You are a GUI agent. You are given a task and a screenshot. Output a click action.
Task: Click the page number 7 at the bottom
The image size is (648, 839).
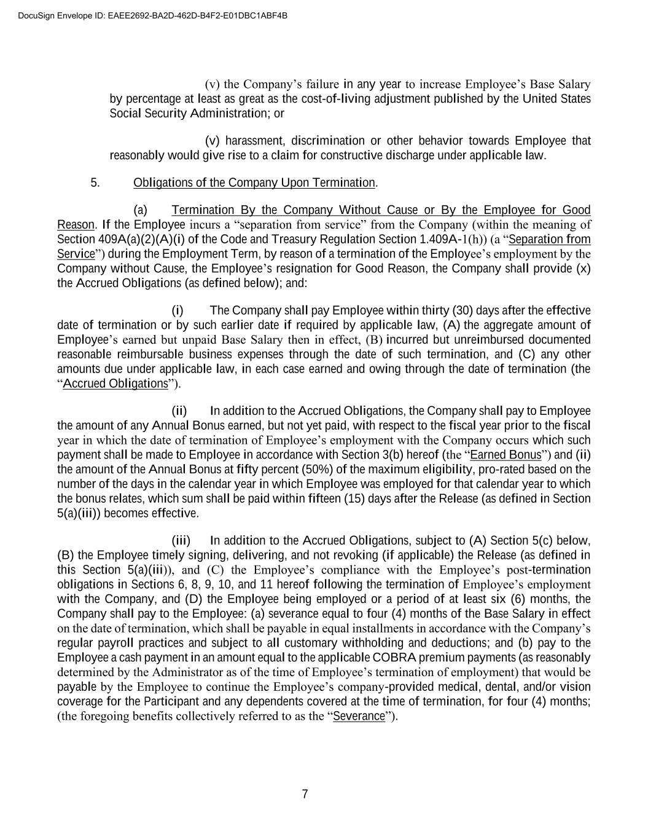(x=305, y=794)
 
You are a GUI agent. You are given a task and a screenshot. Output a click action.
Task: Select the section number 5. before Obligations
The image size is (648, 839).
(x=95, y=183)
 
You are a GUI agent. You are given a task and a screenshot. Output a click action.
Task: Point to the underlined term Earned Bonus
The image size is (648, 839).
(x=506, y=455)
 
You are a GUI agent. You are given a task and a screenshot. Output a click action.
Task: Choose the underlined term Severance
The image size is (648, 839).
(x=359, y=716)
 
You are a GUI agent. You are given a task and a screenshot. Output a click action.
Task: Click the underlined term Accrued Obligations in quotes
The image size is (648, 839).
(x=115, y=384)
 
